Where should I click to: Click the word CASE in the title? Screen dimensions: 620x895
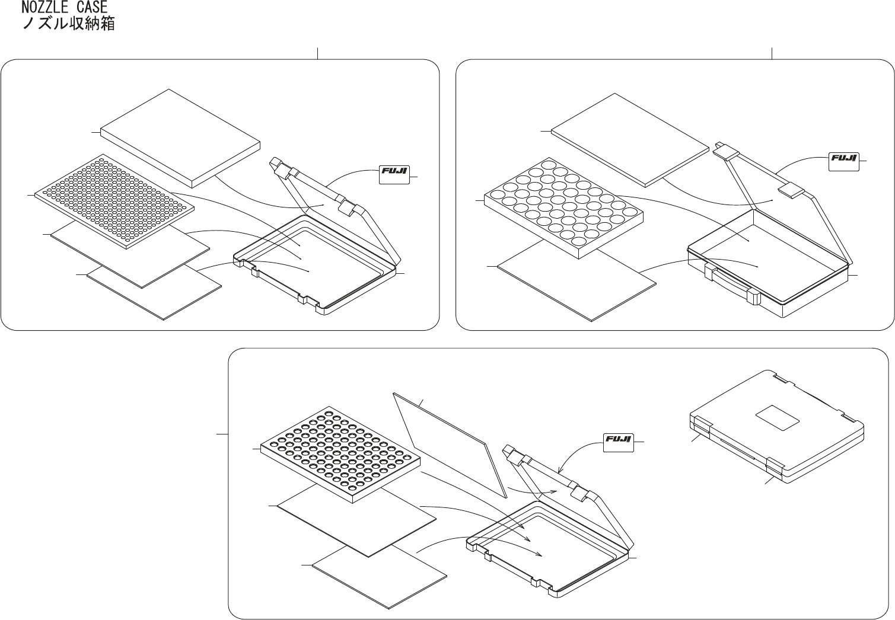(x=91, y=8)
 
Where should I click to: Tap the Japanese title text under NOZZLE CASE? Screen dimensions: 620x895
(x=68, y=24)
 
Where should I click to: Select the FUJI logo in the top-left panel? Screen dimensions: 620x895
(x=394, y=175)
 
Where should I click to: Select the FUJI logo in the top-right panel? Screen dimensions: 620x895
(x=843, y=160)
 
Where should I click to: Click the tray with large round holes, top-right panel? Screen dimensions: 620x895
(x=563, y=207)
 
